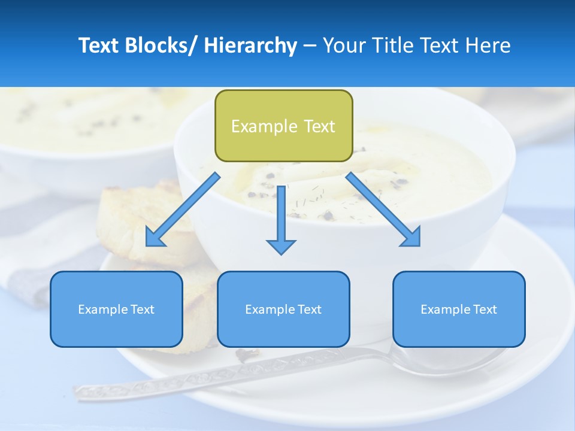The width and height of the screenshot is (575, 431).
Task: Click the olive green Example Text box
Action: click(x=283, y=126)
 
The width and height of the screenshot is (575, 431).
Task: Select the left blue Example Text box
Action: click(x=116, y=309)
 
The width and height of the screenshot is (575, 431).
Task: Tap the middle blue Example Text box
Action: click(x=283, y=309)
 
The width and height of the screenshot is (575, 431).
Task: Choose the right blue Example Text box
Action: click(x=459, y=309)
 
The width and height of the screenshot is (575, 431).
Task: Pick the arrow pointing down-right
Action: click(x=383, y=210)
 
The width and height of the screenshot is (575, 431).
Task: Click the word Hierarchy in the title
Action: click(x=250, y=45)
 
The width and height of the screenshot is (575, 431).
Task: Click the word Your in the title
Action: click(x=344, y=45)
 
